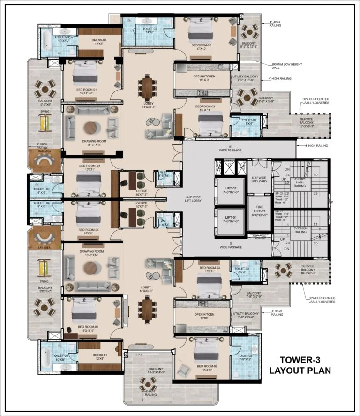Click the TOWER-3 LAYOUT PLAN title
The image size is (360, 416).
coord(300,365)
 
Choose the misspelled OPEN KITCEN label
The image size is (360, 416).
coord(202,317)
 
